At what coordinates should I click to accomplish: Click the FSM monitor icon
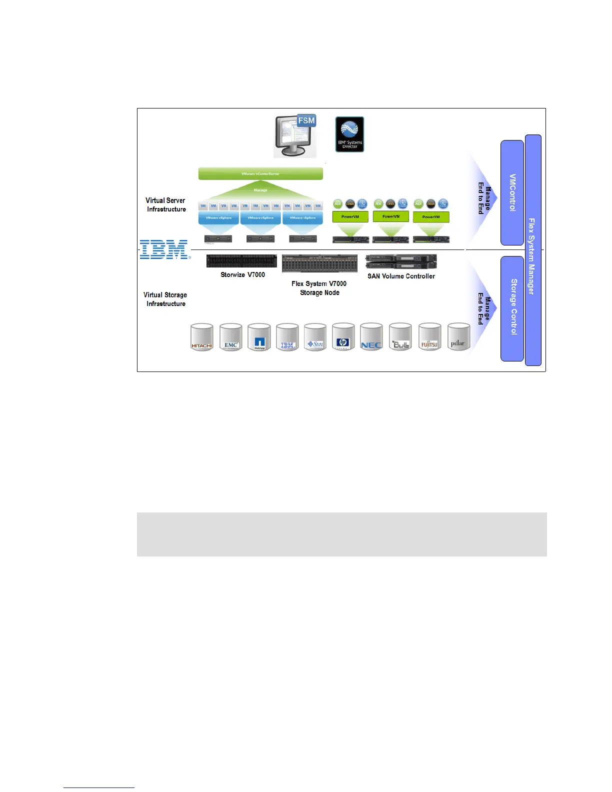295,136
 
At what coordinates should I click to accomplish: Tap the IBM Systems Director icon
349,134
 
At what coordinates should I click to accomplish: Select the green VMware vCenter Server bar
260,173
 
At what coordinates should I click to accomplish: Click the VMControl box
512,192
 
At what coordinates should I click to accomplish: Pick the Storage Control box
512,308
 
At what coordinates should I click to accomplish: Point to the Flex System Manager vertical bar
533,250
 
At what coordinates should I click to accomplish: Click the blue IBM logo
164,249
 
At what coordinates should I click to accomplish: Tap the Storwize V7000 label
242,274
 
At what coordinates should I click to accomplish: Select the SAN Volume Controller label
401,276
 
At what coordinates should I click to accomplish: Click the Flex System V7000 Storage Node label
319,288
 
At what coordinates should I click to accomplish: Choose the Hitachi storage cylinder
202,337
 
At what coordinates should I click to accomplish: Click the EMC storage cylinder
230,337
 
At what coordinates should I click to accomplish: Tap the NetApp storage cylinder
259,337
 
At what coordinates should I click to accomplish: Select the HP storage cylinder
343,337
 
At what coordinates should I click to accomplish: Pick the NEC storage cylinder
371,337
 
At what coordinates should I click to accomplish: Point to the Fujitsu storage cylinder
429,337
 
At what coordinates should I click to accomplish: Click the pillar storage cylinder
458,337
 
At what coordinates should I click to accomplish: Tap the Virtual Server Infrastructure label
166,204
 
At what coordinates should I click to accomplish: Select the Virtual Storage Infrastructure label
165,299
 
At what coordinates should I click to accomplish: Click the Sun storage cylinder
315,337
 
